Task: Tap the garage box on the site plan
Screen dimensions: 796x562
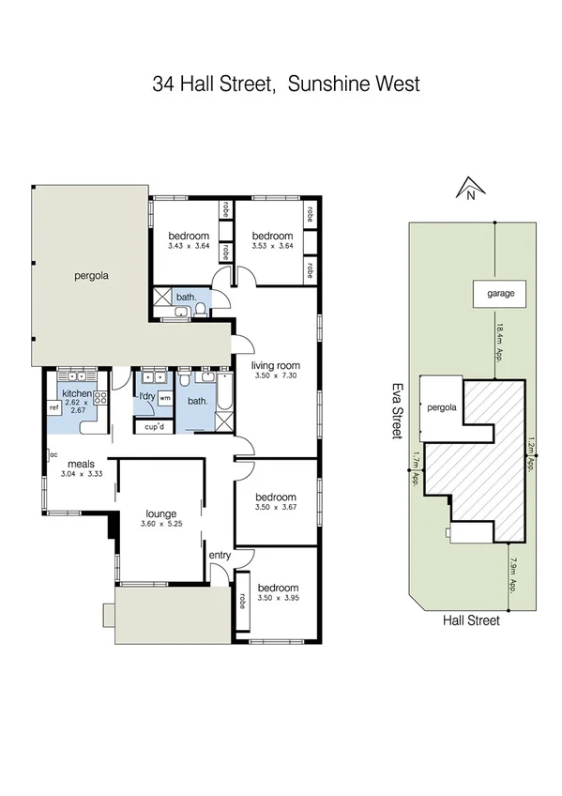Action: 500,293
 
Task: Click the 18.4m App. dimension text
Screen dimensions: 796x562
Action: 501,343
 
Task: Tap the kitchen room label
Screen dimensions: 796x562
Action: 76,393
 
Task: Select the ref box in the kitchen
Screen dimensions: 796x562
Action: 53,408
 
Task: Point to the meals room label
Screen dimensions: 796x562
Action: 79,464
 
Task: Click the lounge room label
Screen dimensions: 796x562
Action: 161,513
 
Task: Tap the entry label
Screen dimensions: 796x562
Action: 220,556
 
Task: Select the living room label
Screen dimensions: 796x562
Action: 275,366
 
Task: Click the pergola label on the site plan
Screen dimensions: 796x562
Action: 442,407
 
